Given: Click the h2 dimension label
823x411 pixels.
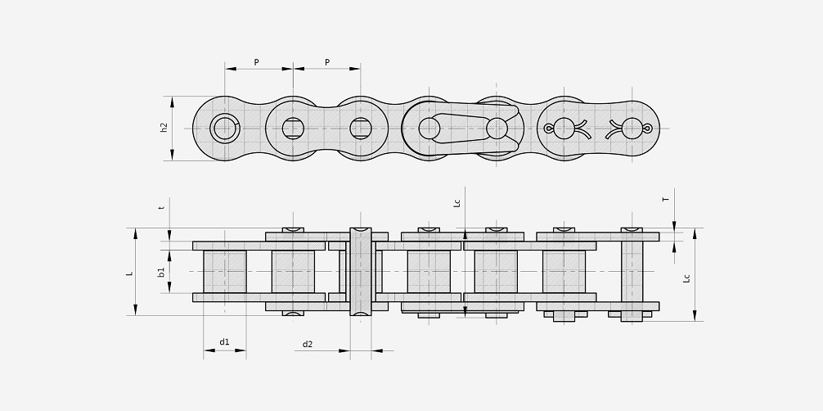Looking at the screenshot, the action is click(164, 128).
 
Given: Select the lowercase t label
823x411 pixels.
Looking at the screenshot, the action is click(162, 207).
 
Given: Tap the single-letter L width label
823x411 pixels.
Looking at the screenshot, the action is click(129, 273).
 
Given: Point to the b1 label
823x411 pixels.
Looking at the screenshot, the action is click(162, 272).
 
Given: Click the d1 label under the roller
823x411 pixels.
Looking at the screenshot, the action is click(224, 341).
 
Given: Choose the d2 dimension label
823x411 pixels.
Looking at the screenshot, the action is click(307, 344).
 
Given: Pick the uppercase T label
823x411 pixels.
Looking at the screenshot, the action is click(666, 200).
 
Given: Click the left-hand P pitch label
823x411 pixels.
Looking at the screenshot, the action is click(257, 62).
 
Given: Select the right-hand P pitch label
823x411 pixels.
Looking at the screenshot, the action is click(327, 62).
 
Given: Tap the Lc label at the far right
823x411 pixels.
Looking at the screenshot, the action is click(686, 278).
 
